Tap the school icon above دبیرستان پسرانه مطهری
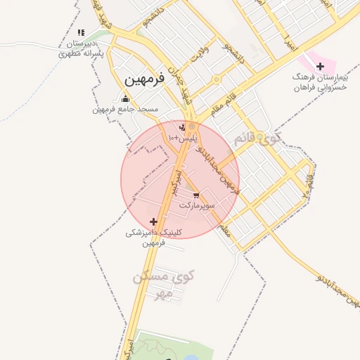81,32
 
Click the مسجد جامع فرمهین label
126,109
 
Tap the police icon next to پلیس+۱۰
183,127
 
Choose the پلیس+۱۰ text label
179,139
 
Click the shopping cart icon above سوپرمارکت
196,195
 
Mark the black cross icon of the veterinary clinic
154,221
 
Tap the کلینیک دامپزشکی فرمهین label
154,237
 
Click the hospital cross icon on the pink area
321,67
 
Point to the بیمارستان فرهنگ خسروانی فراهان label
320,81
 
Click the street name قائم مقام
227,103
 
